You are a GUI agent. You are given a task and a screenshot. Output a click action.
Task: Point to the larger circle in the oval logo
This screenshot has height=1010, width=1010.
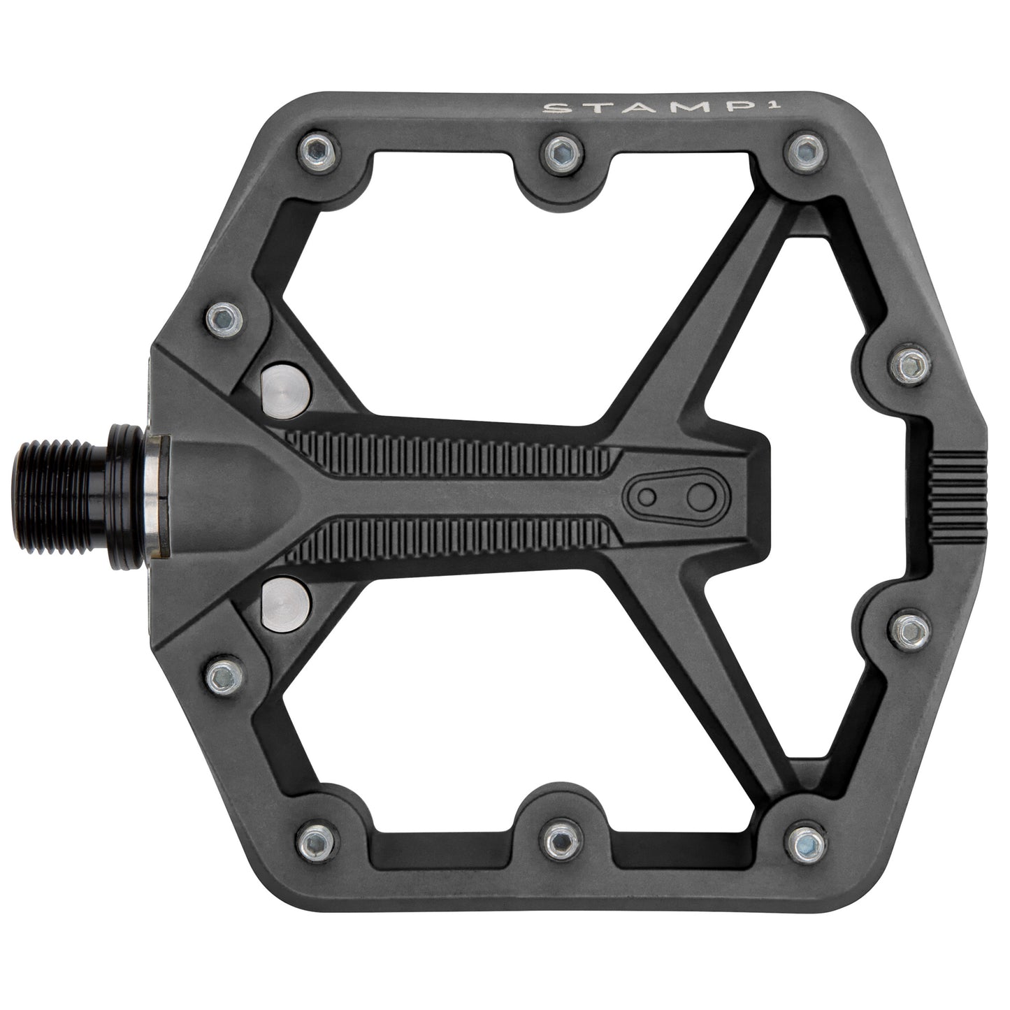coord(698,496)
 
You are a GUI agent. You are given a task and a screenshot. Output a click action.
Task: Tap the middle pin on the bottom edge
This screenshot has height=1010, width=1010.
coord(560,842)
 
